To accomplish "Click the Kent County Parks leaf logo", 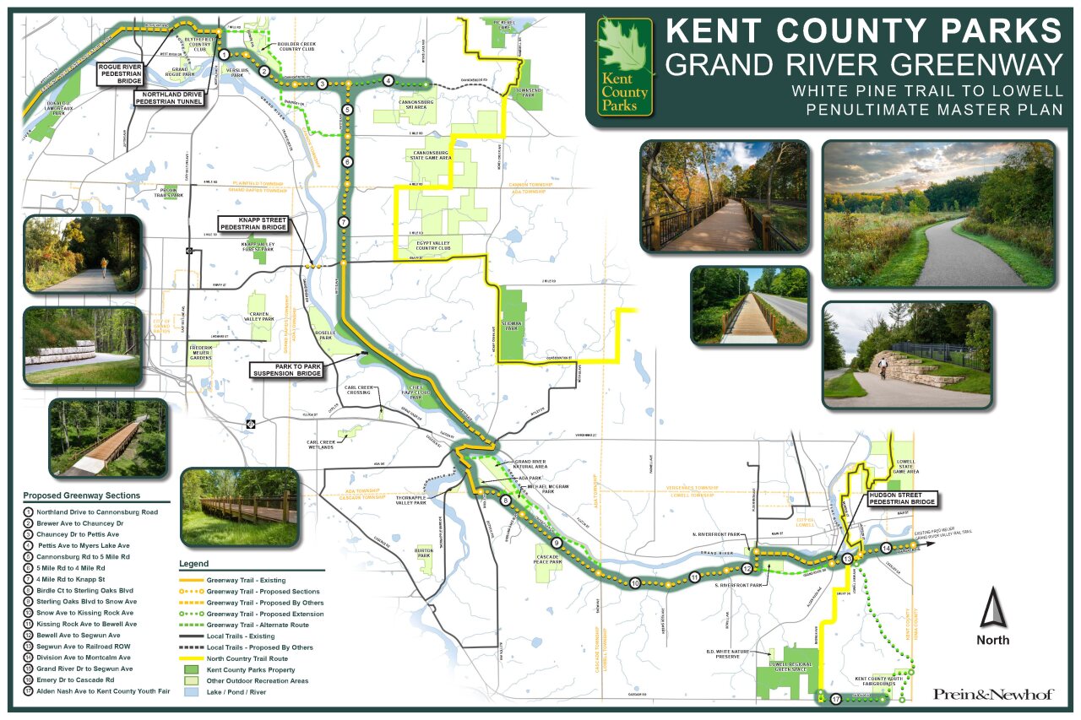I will (x=623, y=67).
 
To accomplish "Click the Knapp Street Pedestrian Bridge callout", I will (x=253, y=224).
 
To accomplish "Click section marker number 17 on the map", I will (x=835, y=699).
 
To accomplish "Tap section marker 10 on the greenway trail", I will (x=634, y=582).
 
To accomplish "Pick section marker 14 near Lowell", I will (x=885, y=548).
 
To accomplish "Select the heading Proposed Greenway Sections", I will (x=82, y=495).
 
